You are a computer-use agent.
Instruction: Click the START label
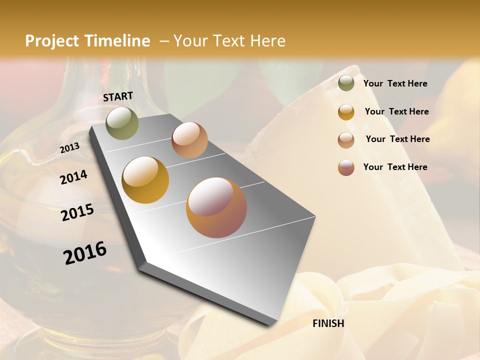118,96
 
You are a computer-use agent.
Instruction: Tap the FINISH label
328,323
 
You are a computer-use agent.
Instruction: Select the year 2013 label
70,147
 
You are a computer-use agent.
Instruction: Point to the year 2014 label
73,177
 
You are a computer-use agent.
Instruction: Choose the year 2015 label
77,212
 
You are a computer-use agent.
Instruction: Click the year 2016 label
85,253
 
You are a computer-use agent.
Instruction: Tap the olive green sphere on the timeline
122,123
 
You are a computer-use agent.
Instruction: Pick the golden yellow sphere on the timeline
145,180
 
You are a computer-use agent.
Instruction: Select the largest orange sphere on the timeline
216,207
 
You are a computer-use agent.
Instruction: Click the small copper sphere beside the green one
189,140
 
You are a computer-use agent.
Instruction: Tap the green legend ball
346,83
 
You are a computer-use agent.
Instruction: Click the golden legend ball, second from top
346,112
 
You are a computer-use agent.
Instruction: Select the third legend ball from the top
346,140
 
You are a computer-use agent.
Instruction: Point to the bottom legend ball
346,167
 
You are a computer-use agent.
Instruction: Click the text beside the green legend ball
395,84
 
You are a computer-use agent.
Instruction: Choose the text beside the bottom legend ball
395,167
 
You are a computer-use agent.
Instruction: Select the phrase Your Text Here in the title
229,41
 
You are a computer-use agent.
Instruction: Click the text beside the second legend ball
396,111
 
